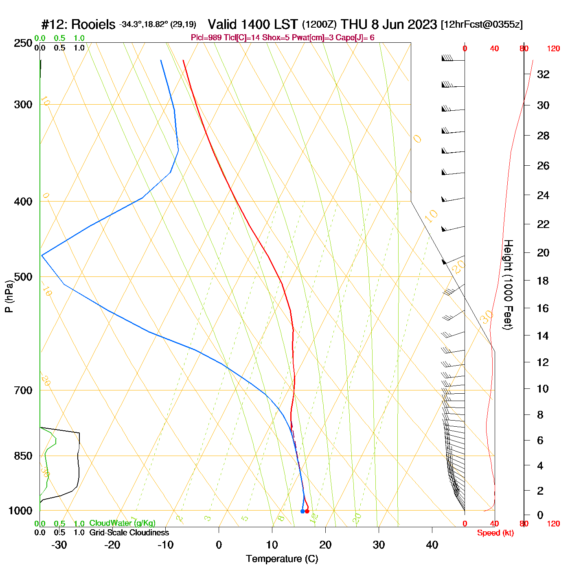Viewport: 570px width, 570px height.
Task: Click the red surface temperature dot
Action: (x=307, y=511)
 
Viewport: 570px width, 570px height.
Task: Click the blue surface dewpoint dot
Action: (x=302, y=511)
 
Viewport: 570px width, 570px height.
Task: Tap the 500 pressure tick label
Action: (x=23, y=277)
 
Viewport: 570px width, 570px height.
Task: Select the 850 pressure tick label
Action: (x=23, y=456)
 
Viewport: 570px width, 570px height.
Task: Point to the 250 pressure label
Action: (x=23, y=43)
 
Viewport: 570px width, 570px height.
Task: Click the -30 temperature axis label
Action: (x=59, y=545)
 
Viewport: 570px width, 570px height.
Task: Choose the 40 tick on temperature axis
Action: (x=432, y=545)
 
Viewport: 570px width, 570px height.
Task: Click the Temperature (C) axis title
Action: (x=282, y=559)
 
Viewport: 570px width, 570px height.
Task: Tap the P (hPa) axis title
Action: (x=9, y=296)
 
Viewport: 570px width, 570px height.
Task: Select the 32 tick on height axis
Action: (x=543, y=74)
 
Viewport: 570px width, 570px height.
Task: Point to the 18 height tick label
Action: (x=543, y=281)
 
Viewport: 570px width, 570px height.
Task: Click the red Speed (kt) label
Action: (x=495, y=533)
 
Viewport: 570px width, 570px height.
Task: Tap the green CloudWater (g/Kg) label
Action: (x=122, y=523)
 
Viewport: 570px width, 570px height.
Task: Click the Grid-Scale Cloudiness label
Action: (x=129, y=533)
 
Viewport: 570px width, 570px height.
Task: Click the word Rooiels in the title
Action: (x=93, y=25)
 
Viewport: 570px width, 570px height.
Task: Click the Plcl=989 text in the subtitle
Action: (x=206, y=38)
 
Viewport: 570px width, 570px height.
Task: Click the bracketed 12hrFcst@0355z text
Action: (x=482, y=24)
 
